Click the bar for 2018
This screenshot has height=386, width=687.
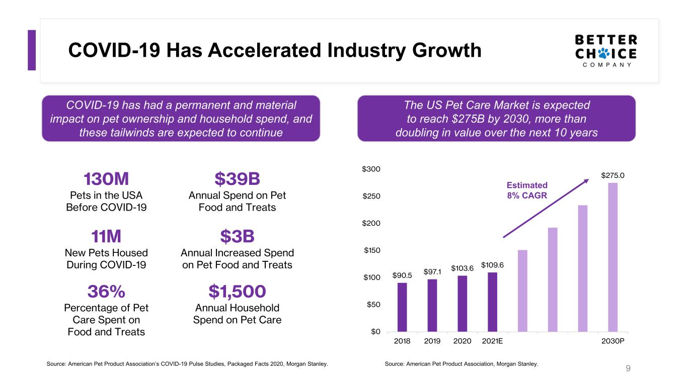(x=402, y=307)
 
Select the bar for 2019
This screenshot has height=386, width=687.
(x=432, y=306)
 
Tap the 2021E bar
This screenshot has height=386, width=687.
(x=493, y=302)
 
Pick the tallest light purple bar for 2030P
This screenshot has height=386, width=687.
(x=613, y=257)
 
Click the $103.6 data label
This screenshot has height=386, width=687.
(x=462, y=268)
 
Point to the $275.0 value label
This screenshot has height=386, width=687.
(x=613, y=175)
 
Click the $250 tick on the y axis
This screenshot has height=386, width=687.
(x=371, y=196)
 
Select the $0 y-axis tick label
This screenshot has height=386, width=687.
(x=375, y=332)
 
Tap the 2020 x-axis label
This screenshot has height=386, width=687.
(x=462, y=341)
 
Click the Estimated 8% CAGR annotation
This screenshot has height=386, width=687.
(x=527, y=190)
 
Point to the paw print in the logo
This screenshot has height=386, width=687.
(x=604, y=53)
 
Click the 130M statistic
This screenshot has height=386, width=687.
(x=106, y=179)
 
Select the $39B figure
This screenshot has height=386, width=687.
(x=237, y=179)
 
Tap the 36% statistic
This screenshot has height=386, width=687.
(x=106, y=292)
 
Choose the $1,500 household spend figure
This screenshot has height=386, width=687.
(x=237, y=292)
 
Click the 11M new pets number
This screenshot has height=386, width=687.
(x=106, y=236)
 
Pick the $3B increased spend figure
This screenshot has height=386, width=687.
(x=237, y=236)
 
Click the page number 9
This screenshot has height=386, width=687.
(x=628, y=368)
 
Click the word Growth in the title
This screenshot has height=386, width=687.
(x=447, y=50)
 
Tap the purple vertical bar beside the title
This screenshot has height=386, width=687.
(x=32, y=50)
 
